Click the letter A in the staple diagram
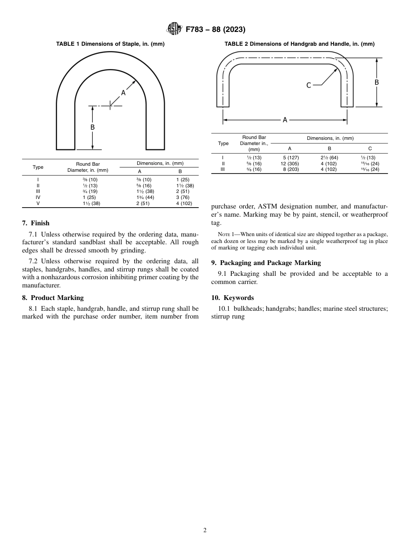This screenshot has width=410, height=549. pyautogui.click(x=123, y=93)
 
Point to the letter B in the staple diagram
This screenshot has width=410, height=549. pyautogui.click(x=92, y=127)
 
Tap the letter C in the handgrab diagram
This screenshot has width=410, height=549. pyautogui.click(x=309, y=85)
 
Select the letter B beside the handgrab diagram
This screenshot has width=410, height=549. pyautogui.click(x=377, y=82)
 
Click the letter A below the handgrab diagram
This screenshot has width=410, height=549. pyautogui.click(x=285, y=120)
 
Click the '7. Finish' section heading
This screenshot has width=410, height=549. pyautogui.click(x=36, y=223)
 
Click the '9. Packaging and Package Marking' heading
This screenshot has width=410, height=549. pyautogui.click(x=266, y=263)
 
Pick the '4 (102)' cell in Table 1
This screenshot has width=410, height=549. pyautogui.click(x=180, y=203)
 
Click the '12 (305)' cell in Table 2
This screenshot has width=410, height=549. pyautogui.click(x=290, y=164)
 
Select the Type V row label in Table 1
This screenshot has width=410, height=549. pyautogui.click(x=38, y=203)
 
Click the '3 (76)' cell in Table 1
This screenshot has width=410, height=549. pyautogui.click(x=180, y=197)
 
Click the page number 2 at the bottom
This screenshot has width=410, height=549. pyautogui.click(x=205, y=530)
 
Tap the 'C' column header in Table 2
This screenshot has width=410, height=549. pyautogui.click(x=370, y=148)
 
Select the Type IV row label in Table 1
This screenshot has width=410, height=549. pyautogui.click(x=38, y=197)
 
